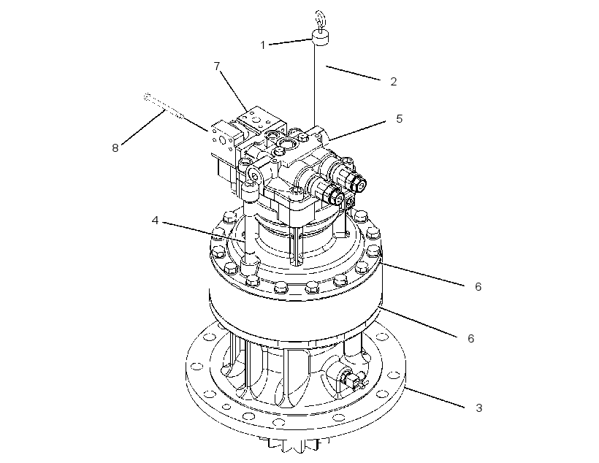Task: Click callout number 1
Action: coord(262,45)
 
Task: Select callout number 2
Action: coord(394,81)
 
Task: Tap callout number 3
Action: coord(478,408)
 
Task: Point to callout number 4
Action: coord(155,221)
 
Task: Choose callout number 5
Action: coord(399,119)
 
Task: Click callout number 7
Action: coord(217,66)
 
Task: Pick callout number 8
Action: coord(115,148)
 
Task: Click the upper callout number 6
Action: coord(478,286)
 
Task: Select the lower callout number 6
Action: coord(470,338)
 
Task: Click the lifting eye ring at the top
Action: coord(320,19)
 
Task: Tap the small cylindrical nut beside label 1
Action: coord(321,37)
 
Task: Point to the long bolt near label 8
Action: coord(164,106)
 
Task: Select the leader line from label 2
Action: coord(353,73)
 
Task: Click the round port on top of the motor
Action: coord(286,144)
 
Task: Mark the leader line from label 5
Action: coord(358,131)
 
